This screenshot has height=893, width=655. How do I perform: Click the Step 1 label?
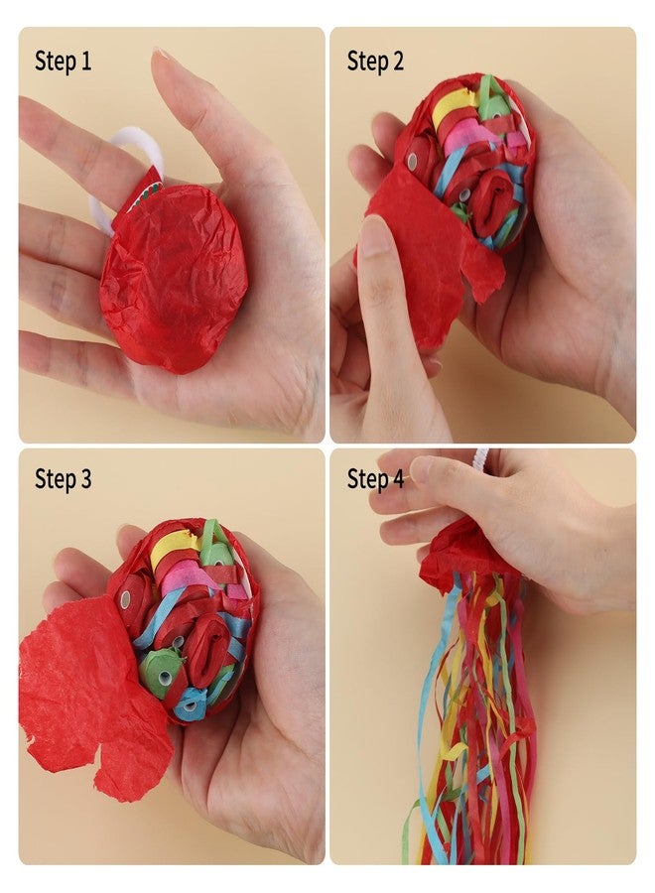[x=63, y=61]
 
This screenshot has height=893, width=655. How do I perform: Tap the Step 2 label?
[x=375, y=61]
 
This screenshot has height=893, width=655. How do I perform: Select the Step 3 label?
[x=63, y=478]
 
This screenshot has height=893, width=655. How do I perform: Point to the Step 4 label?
[x=375, y=478]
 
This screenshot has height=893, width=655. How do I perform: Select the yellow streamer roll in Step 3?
[x=172, y=547]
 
